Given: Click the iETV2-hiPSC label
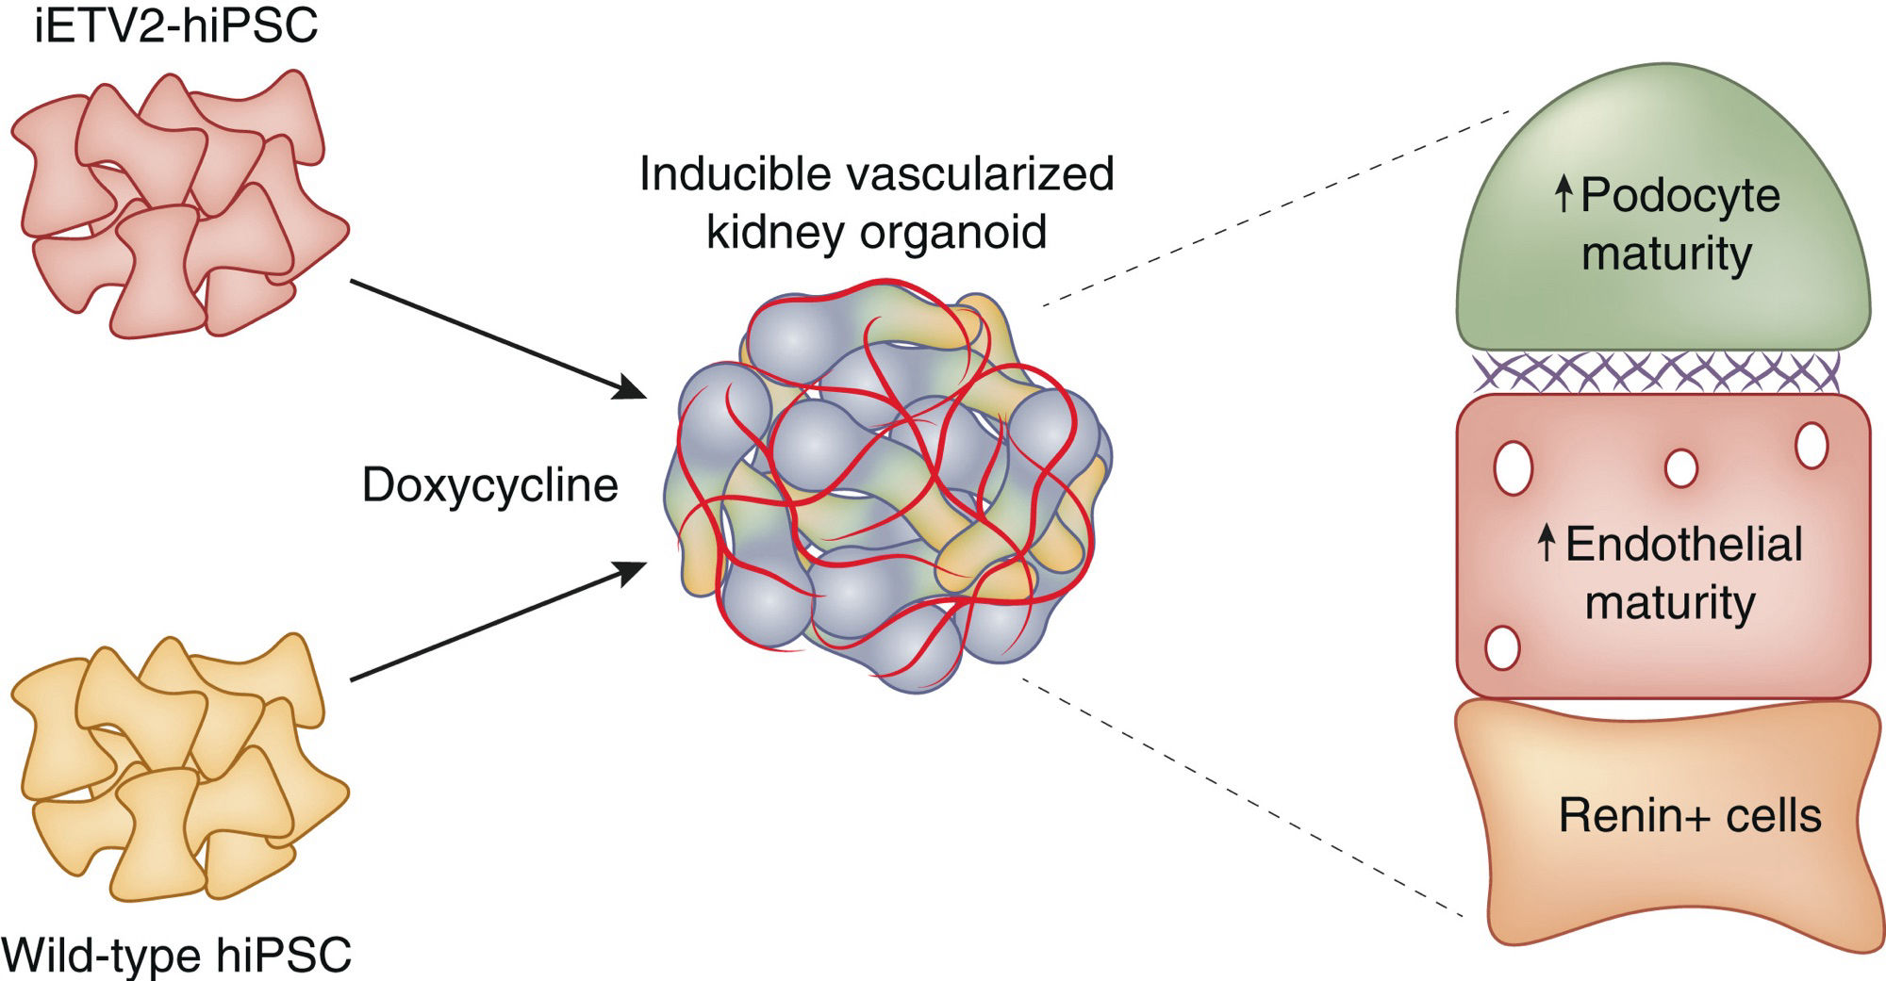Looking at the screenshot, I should pyautogui.click(x=176, y=26).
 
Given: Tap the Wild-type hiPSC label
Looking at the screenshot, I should pyautogui.click(x=178, y=956).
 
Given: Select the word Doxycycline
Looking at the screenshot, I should pyautogui.click(x=489, y=485).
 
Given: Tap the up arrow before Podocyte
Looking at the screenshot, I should pyautogui.click(x=1563, y=195).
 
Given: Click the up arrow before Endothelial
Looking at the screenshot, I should pyautogui.click(x=1545, y=544).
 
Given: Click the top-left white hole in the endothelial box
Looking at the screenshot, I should pyautogui.click(x=1514, y=468).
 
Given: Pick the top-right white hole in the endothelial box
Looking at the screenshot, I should pyautogui.click(x=1812, y=445).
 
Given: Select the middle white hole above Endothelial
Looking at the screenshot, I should pyautogui.click(x=1681, y=467).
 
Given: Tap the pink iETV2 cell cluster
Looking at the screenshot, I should pyautogui.click(x=179, y=203).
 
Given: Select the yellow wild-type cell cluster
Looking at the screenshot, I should pyautogui.click(x=179, y=768).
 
